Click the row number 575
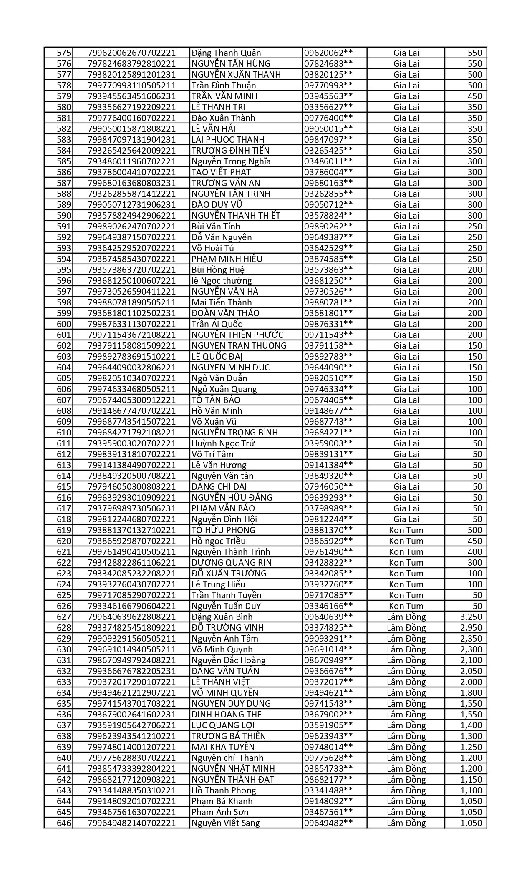64,53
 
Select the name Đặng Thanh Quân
226,53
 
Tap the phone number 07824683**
329,64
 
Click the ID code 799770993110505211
131,86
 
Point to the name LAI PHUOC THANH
228,140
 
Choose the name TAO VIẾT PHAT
221,172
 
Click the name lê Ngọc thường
222,281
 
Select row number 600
64,324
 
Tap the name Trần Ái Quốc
217,324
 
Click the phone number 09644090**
329,368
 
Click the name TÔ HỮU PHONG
223,530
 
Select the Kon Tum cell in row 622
406,563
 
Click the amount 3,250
471,617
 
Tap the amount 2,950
471,628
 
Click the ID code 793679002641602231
131,715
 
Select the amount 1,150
471,780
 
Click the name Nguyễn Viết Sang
225,823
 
